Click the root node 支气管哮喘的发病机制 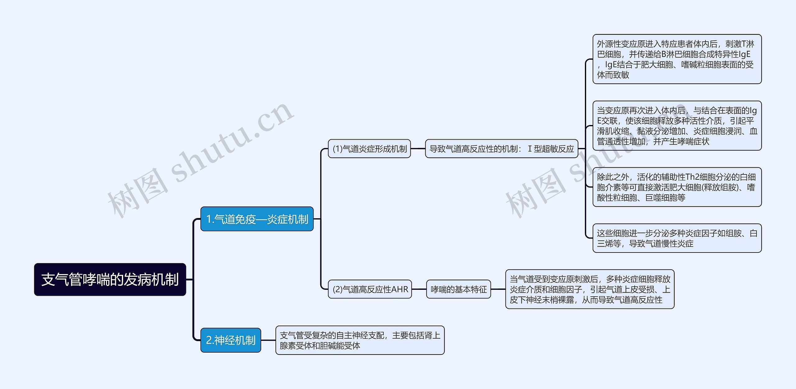point(110,279)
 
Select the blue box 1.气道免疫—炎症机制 point(257,219)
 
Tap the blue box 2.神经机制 point(230,340)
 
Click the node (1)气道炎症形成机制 point(369,149)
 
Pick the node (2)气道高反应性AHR point(370,289)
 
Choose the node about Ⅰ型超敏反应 point(501,149)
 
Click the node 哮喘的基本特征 point(458,289)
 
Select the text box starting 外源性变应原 point(677,59)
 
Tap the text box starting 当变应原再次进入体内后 point(677,126)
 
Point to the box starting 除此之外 point(677,187)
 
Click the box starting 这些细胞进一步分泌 point(677,238)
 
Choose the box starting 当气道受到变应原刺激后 point(590,289)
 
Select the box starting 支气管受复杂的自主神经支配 point(360,340)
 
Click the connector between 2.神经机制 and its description point(268,340)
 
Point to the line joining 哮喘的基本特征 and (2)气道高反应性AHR point(419,289)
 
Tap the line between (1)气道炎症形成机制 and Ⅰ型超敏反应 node point(418,149)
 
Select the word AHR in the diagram point(400,289)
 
